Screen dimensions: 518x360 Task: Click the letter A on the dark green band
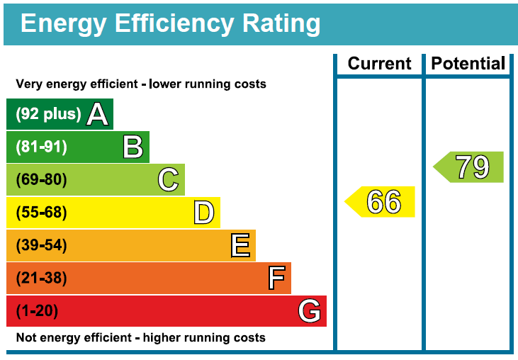point(98,114)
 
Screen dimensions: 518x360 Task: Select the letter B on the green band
point(133,147)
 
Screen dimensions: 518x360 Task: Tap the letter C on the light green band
point(168,179)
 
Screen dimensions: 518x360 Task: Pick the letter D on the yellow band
point(204,213)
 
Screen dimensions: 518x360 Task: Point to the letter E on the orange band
point(240,245)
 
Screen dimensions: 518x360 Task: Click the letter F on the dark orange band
point(276,278)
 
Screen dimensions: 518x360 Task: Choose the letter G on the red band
point(309,311)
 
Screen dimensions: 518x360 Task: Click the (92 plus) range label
point(49,114)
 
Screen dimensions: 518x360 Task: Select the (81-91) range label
point(41,147)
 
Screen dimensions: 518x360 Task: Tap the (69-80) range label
point(41,179)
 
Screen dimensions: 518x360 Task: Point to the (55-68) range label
point(41,213)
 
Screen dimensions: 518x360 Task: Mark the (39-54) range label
point(41,245)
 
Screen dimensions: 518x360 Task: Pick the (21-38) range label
point(41,278)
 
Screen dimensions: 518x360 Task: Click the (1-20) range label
point(37,311)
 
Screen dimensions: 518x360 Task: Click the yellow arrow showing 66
point(380,202)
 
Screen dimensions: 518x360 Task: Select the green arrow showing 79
point(468,167)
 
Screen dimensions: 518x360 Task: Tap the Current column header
point(379,63)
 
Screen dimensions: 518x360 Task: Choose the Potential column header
point(468,63)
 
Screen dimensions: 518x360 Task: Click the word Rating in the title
point(281,24)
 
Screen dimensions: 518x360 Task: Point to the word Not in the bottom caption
point(25,337)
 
